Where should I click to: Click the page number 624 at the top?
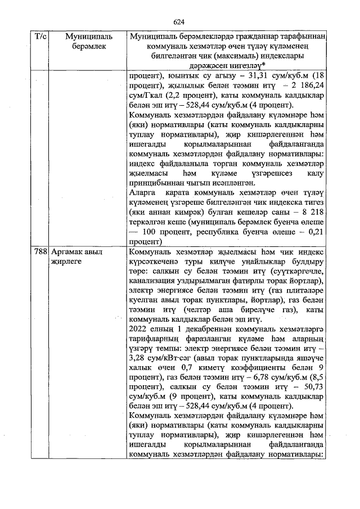click(179, 22)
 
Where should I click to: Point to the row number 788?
click(40, 252)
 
